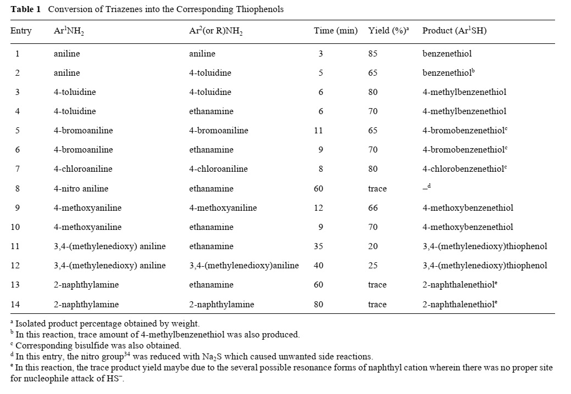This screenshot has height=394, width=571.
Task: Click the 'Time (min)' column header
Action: (335, 31)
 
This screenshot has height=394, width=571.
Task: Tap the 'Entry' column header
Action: (21, 31)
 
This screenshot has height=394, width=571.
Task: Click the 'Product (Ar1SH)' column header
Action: (454, 31)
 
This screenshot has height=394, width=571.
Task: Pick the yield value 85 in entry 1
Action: (373, 54)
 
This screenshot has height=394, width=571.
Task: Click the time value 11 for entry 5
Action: (319, 131)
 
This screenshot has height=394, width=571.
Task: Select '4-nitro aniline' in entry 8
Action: (81, 189)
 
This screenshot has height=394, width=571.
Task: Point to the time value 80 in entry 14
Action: (319, 304)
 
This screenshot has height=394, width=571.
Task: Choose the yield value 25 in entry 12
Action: (373, 266)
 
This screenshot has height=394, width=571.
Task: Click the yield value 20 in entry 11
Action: (373, 246)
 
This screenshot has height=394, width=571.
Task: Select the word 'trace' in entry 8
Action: (377, 189)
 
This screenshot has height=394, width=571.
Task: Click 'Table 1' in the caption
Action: (25, 9)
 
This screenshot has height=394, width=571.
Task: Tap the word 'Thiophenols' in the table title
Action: (262, 9)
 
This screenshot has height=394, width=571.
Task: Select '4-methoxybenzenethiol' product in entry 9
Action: (468, 208)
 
